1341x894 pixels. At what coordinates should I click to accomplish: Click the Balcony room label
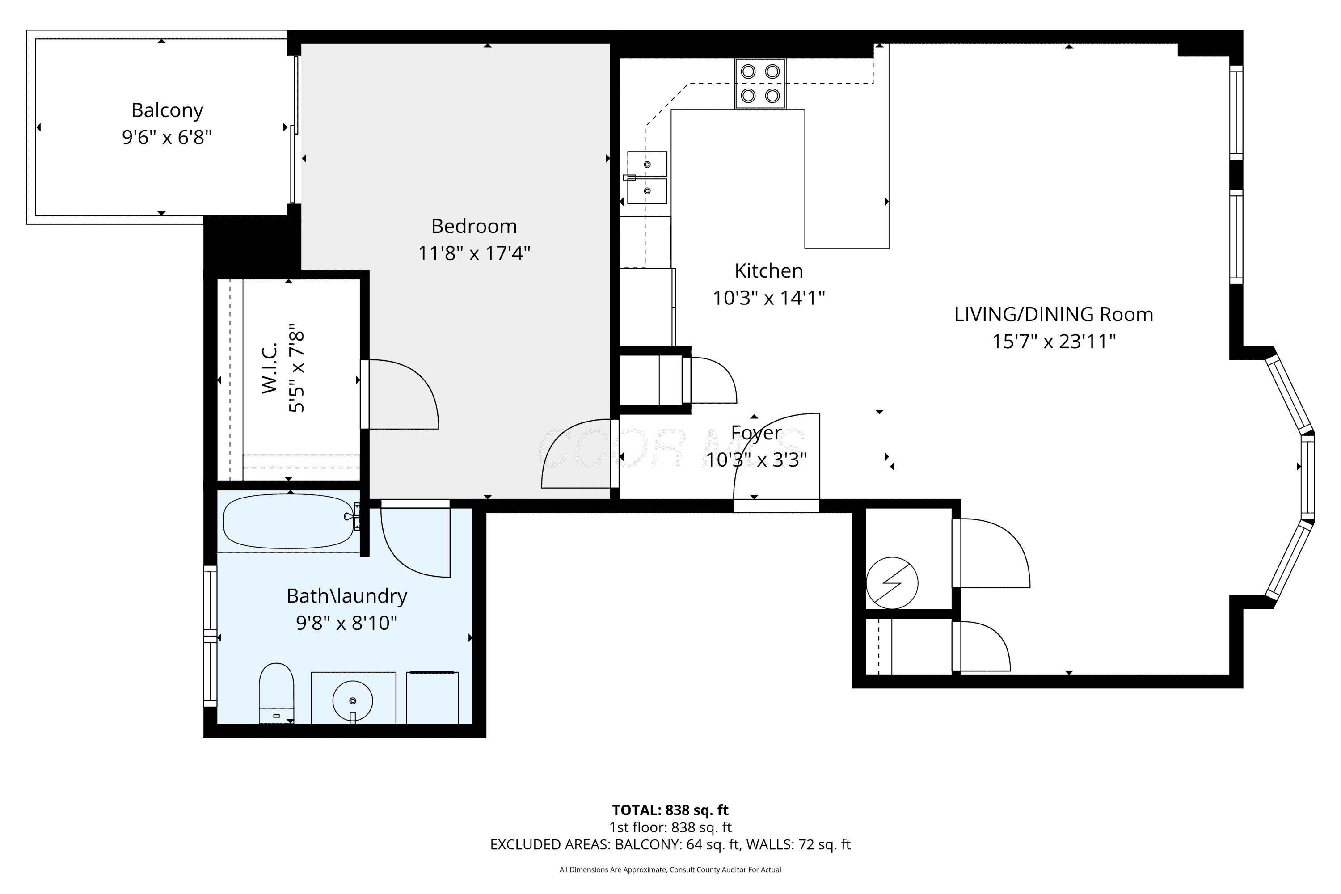point(167,110)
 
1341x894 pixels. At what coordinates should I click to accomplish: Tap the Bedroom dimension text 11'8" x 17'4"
point(474,253)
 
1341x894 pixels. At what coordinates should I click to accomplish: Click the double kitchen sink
point(647,177)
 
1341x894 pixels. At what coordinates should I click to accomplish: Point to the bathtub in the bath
point(289,521)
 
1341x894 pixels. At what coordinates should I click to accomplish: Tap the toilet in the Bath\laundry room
point(277,693)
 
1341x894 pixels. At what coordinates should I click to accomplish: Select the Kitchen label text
point(768,271)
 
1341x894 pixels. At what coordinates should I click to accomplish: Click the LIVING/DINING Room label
point(1054,315)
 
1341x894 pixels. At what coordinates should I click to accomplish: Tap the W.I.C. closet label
point(269,368)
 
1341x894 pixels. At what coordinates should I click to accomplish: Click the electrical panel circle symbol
point(892,583)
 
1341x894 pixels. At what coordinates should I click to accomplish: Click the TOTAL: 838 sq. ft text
point(670,810)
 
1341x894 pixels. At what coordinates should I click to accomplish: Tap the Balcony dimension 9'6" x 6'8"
point(167,137)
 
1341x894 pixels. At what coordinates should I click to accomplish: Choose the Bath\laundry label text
point(347,596)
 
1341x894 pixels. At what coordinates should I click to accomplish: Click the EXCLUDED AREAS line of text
point(670,844)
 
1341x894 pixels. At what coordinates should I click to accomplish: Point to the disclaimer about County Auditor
point(670,869)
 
